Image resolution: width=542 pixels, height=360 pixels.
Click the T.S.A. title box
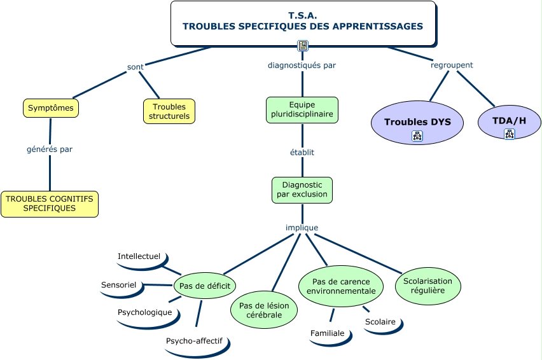[x=302, y=22]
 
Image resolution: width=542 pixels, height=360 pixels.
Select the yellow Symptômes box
[x=51, y=108]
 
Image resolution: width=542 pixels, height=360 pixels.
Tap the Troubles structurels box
[x=169, y=111]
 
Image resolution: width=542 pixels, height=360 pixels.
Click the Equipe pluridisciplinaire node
[x=302, y=110]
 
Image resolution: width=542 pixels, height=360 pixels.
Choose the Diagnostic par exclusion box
[x=302, y=190]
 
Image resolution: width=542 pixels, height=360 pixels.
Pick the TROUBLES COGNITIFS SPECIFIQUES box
[x=49, y=204]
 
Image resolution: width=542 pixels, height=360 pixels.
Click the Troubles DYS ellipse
[x=417, y=122]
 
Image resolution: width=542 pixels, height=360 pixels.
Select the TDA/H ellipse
[x=509, y=121]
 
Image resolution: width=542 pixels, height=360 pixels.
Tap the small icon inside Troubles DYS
[x=417, y=136]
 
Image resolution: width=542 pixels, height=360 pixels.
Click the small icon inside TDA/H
[x=509, y=134]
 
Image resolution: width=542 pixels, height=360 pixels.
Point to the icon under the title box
[x=303, y=46]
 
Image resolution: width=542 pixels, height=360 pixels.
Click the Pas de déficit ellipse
[x=204, y=286]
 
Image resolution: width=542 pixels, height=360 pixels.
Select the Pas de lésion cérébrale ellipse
[x=263, y=310]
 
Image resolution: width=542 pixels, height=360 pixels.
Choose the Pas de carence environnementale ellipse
[x=341, y=286]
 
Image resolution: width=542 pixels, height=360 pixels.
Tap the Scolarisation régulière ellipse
[x=427, y=286]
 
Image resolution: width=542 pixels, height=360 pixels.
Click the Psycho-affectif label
[x=194, y=342]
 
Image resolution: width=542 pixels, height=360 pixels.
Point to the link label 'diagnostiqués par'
[x=302, y=65]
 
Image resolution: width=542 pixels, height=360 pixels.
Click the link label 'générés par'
[x=50, y=149]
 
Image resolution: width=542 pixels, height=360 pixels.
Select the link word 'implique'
[x=302, y=228]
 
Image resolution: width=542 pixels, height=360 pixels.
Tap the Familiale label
[x=328, y=333]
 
